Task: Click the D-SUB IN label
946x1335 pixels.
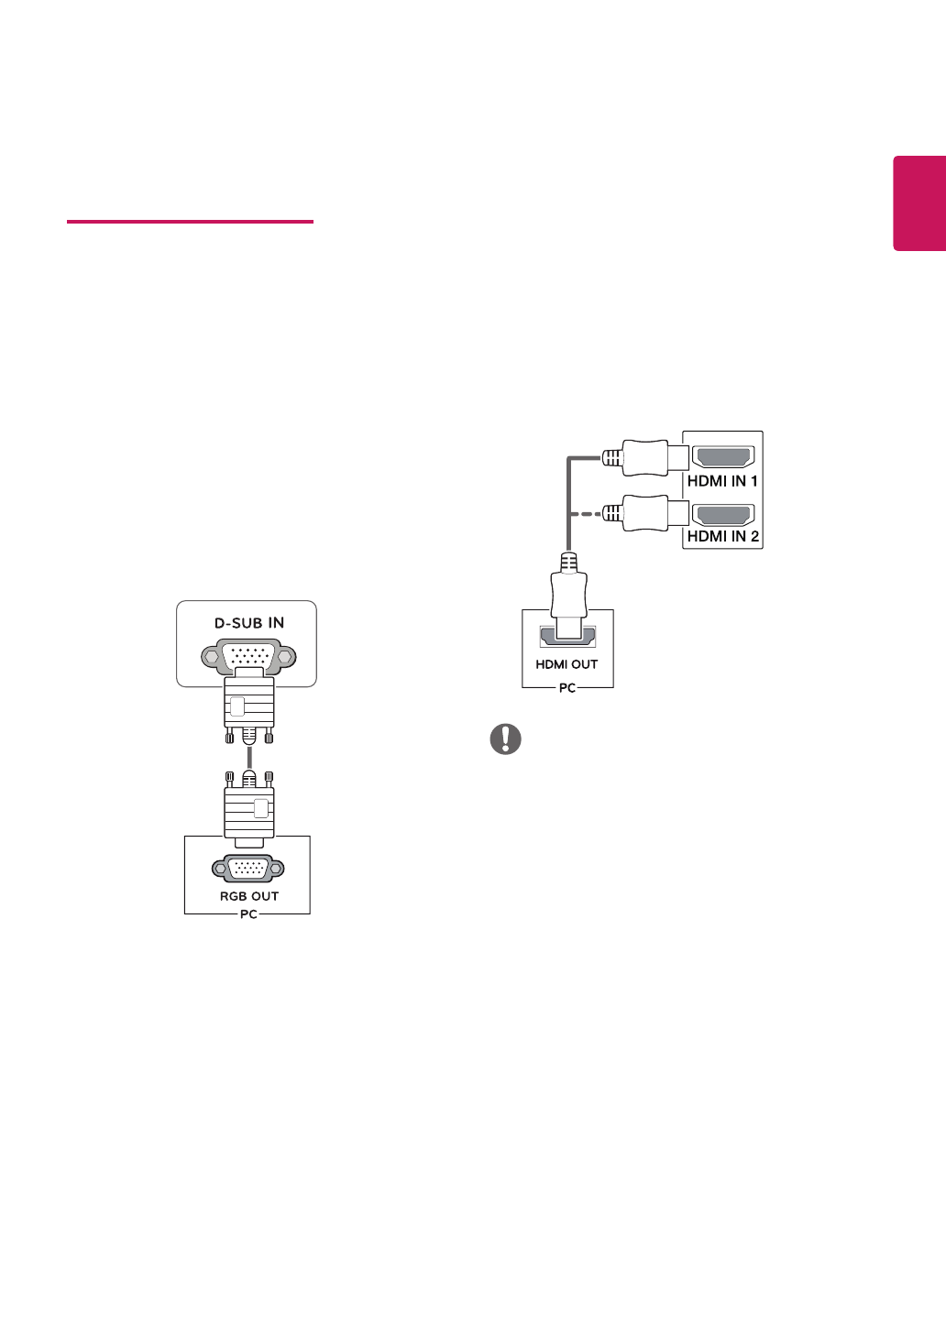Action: [249, 623]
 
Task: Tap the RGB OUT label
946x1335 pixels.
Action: [249, 896]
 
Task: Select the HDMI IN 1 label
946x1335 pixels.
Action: [722, 481]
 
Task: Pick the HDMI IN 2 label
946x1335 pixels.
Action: [722, 536]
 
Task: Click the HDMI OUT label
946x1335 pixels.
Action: [566, 664]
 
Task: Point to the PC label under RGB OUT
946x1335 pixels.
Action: [248, 914]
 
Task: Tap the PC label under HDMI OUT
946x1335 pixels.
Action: [567, 688]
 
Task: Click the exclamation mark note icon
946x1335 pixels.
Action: [506, 739]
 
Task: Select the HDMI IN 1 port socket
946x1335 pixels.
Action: [722, 457]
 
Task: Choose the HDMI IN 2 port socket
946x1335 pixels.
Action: [722, 514]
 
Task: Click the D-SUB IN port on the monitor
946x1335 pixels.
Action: [249, 656]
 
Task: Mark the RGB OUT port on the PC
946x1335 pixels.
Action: [248, 869]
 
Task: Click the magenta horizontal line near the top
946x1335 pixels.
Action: [190, 222]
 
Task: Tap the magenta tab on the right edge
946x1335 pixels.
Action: [919, 203]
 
